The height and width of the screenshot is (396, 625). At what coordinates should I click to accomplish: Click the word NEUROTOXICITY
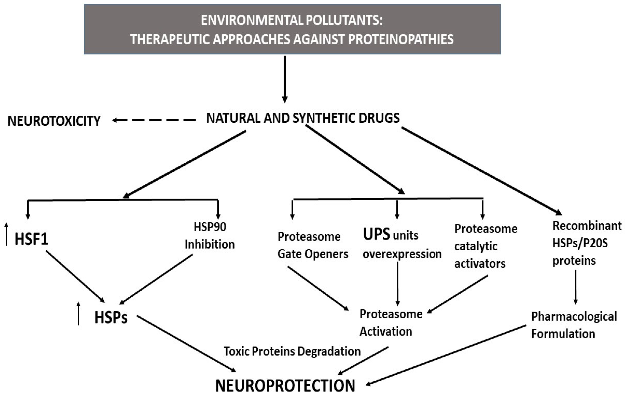point(54,121)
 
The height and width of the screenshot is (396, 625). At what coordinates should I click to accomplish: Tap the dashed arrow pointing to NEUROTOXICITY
point(154,120)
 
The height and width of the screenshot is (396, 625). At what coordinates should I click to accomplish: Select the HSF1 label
point(31,239)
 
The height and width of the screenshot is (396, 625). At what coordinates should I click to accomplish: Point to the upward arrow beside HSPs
point(78,313)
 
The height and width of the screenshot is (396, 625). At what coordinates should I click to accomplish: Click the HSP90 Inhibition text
point(210,236)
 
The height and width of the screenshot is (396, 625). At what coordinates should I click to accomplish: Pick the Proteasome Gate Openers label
point(313,245)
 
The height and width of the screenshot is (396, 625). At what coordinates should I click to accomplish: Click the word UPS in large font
point(376,234)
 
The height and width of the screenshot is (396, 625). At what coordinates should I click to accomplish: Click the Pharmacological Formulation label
point(574,325)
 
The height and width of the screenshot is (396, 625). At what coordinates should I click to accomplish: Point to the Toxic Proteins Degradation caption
point(292,351)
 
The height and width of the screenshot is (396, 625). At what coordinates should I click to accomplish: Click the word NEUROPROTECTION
point(285,386)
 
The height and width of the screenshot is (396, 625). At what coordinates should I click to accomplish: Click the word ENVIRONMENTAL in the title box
point(252,20)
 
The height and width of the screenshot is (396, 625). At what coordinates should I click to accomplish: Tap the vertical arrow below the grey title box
point(285,79)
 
